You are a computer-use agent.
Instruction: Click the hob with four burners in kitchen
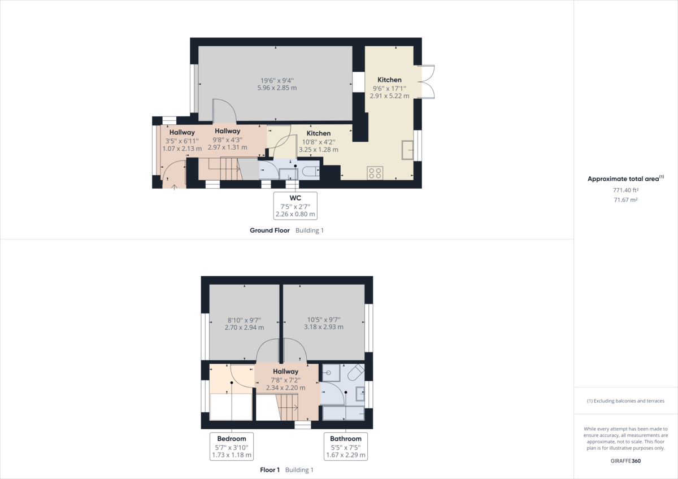coord(375,172)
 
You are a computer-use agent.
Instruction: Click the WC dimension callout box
coord(295,206)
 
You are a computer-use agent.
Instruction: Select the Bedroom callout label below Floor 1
coord(232,446)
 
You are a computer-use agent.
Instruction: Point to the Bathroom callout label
coord(346,446)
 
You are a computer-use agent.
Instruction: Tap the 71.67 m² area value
coord(625,200)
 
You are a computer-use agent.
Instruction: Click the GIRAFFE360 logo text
coord(625,460)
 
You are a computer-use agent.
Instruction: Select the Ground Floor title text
coord(270,230)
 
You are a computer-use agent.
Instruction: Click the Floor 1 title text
coord(270,470)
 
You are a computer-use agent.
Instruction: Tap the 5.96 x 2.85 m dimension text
coord(277,88)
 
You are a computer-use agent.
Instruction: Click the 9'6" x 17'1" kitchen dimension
coord(389,88)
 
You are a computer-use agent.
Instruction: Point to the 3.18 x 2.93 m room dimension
coord(323,327)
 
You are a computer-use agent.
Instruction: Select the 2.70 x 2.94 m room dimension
coord(244,327)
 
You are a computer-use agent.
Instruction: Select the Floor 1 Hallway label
coord(285,371)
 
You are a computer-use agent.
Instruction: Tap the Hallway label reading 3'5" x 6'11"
coord(182,132)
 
